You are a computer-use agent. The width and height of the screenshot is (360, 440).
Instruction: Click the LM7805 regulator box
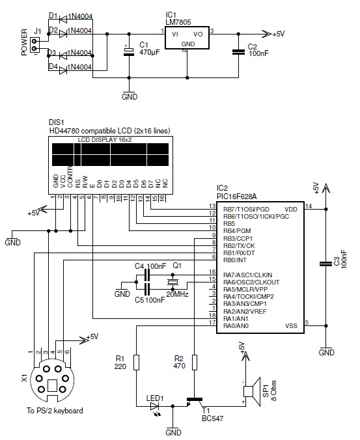pyautogui.click(x=187, y=38)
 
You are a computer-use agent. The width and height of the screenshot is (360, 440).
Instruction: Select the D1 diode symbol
pyautogui.click(x=63, y=20)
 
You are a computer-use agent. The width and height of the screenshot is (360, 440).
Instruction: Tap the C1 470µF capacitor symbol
pyautogui.click(x=129, y=51)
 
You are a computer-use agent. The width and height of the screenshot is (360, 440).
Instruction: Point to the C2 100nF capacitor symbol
pyautogui.click(x=238, y=52)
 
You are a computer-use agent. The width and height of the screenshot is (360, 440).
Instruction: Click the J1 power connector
pyautogui.click(x=35, y=45)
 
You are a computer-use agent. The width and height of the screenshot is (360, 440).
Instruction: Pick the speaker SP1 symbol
pyautogui.click(x=252, y=391)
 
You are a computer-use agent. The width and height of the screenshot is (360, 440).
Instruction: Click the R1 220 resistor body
pyautogui.click(x=136, y=363)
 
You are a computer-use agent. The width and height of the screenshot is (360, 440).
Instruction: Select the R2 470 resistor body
pyautogui.click(x=194, y=363)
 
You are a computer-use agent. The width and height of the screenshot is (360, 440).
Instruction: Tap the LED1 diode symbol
pyautogui.click(x=154, y=406)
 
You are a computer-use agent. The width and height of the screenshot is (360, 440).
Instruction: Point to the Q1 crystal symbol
pyautogui.click(x=173, y=282)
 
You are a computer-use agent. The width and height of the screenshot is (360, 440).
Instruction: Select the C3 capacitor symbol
pyautogui.click(x=325, y=264)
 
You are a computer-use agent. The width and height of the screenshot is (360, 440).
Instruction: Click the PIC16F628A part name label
pyautogui.click(x=236, y=197)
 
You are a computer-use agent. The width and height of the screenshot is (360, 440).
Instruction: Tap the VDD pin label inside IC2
pyautogui.click(x=291, y=210)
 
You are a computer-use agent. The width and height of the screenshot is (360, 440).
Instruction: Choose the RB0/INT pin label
pyautogui.click(x=234, y=260)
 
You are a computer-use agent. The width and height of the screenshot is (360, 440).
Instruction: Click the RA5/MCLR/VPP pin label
pyautogui.click(x=245, y=289)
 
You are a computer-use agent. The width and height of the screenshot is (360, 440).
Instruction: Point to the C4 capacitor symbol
pyautogui.click(x=147, y=275)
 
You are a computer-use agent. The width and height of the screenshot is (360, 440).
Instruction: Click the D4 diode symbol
pyautogui.click(x=63, y=70)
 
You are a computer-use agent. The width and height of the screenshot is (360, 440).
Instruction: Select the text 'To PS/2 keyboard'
pyautogui.click(x=55, y=411)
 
